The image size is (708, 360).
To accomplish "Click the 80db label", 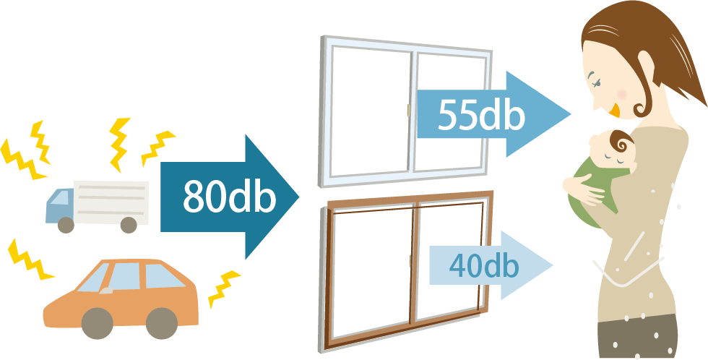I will coord(229,197).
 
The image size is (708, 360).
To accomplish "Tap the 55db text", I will coord(480,113).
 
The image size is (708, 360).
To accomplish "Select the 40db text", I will coord(483,265).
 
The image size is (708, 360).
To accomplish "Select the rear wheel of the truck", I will coord(129,225).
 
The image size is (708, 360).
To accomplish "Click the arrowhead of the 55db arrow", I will coord(568,113).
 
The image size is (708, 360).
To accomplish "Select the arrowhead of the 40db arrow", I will coord(549,265).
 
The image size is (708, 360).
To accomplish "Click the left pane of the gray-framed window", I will coord(367,108).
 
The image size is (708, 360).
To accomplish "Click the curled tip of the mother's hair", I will coord(640,108).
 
